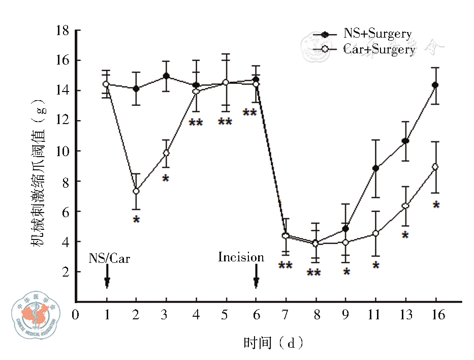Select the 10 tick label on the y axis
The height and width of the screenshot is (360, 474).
[62, 151]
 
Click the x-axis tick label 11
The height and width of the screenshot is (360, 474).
[375, 315]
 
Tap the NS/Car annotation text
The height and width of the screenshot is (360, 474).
[109, 258]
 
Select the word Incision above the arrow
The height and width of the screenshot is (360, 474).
[241, 257]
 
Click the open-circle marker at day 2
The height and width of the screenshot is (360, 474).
[136, 191]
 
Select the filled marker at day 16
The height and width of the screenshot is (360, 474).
[435, 85]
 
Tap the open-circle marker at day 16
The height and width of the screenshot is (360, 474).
[435, 167]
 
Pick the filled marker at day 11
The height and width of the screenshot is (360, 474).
[375, 168]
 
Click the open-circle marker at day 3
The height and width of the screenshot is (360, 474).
[166, 153]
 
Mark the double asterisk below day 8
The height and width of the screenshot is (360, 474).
[314, 274]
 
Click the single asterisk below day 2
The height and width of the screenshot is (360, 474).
[136, 220]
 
